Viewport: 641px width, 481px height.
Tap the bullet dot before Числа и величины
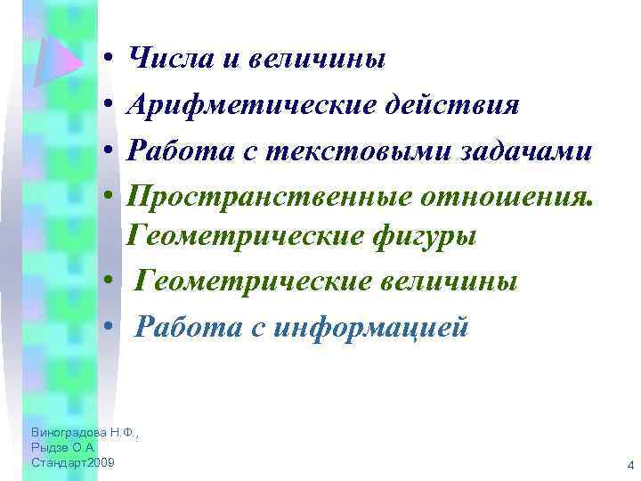(106, 60)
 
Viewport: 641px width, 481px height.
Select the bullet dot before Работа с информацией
(106, 328)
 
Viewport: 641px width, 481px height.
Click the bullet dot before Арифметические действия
(106, 105)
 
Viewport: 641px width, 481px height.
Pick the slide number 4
(629, 465)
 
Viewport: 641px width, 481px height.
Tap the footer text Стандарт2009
(71, 464)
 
